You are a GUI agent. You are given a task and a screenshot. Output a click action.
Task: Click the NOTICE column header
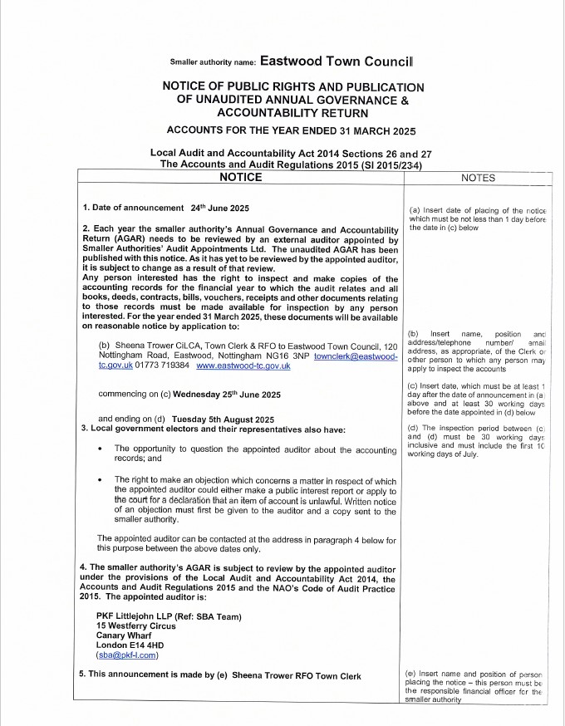point(239,178)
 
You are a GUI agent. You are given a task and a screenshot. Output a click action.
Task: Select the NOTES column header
point(477,178)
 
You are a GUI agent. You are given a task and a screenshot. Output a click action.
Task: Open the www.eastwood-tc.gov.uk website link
point(243,365)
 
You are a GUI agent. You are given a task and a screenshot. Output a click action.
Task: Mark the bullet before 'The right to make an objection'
point(100,480)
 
